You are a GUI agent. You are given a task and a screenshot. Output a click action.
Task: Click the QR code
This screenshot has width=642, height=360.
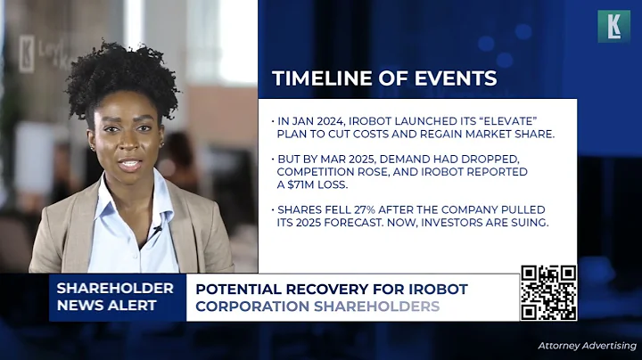click(548, 292)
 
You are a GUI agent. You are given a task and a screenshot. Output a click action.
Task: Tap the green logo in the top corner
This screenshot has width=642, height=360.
click(613, 26)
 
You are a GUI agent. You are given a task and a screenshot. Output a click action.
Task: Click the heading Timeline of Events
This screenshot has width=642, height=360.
click(384, 78)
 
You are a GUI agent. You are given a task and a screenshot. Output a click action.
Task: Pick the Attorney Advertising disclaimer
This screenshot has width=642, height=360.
click(586, 345)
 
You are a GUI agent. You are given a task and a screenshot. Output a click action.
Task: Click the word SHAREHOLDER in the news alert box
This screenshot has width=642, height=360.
click(115, 288)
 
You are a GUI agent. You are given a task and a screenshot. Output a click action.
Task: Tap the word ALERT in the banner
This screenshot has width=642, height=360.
click(142, 306)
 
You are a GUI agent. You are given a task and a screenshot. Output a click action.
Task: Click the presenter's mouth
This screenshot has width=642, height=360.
click(129, 165)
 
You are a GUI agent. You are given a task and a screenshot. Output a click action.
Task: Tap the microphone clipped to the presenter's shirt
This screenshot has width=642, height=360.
click(157, 230)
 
